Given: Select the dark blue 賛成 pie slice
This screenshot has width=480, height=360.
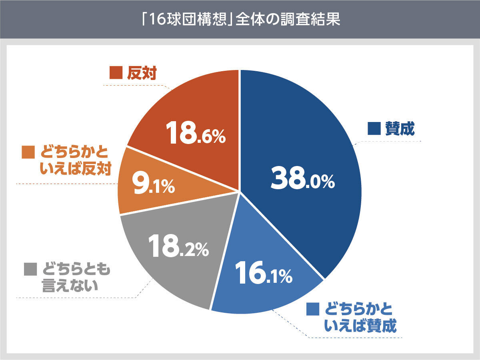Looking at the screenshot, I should (x=304, y=132).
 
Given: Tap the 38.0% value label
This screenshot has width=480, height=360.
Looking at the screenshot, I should (x=302, y=180).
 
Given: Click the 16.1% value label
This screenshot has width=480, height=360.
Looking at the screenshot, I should (x=263, y=273).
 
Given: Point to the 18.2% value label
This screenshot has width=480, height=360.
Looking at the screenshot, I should (x=178, y=246).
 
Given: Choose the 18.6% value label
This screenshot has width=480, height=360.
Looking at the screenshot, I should (x=196, y=134).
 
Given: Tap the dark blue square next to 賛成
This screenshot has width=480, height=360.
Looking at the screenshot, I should (x=373, y=130).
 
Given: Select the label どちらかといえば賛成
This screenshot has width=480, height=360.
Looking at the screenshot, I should (x=360, y=318).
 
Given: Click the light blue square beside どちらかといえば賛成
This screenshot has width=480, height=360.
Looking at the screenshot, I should (x=313, y=309).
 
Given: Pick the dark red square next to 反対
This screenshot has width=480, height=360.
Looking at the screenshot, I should (x=115, y=74).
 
